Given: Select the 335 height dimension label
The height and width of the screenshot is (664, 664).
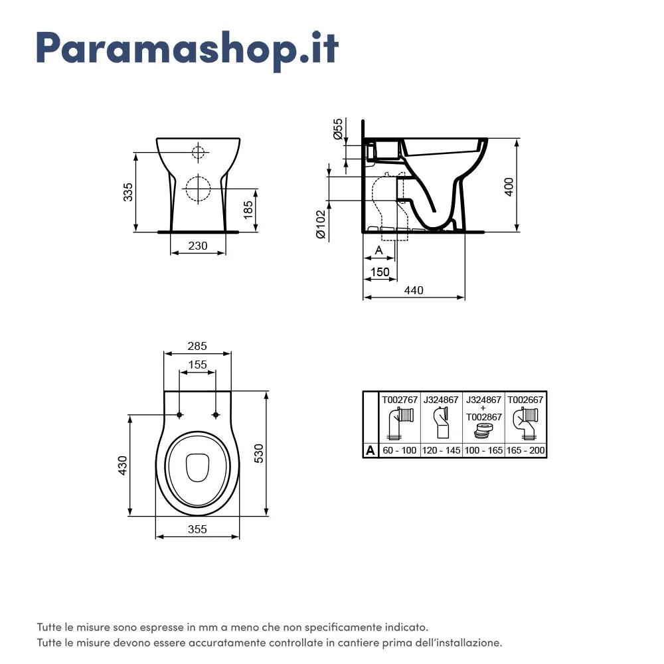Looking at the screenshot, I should (129, 192).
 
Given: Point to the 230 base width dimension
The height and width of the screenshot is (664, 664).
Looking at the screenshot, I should (197, 246).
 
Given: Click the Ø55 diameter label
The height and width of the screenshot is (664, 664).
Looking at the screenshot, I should (338, 129).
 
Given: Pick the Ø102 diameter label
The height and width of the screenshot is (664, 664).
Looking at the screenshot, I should (320, 224).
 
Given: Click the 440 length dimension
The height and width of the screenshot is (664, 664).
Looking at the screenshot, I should (413, 290).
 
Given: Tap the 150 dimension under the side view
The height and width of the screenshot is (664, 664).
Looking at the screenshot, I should (380, 272).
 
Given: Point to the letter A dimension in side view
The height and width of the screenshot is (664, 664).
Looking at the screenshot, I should (378, 250).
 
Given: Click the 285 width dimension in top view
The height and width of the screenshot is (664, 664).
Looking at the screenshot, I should (197, 346).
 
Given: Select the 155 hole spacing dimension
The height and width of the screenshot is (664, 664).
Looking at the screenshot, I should (197, 365).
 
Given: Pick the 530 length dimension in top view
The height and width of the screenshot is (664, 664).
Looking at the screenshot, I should (258, 453).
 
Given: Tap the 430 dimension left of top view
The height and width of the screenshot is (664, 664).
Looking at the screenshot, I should (122, 464).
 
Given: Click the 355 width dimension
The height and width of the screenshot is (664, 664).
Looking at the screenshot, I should (197, 529).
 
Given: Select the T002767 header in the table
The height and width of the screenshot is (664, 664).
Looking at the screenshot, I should (399, 400).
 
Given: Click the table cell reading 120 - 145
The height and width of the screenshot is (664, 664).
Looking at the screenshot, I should (441, 450).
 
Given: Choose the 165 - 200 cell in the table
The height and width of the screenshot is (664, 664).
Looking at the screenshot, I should (526, 450).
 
